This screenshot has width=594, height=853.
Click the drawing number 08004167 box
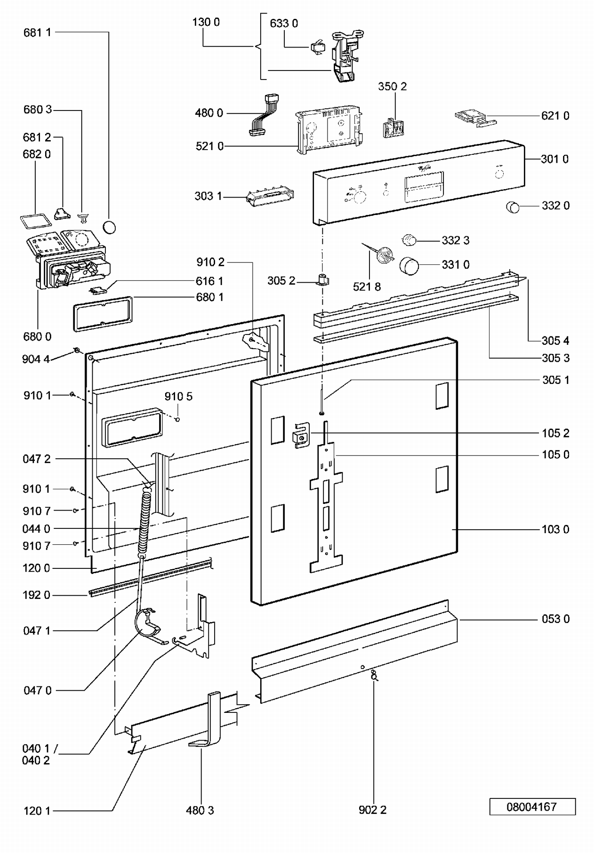pos(532,807)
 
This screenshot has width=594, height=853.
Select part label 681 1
pos(37,32)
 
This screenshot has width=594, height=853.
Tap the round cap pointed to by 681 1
pos(109,228)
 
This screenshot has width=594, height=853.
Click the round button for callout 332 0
pos(512,207)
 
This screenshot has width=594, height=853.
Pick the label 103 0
pos(555,529)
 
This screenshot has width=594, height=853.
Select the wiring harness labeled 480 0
pos(263,115)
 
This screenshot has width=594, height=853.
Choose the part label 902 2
pos(372,810)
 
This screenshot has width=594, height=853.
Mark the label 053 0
pos(555,619)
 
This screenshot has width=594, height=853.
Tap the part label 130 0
pos(206,22)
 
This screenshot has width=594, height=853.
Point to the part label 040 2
pos(36,760)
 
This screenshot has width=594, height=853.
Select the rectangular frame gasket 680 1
pos(103,313)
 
